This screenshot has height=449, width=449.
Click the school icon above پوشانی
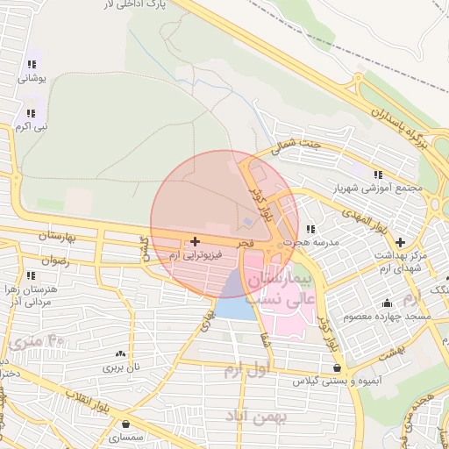tap(32, 64)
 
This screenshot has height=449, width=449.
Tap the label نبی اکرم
tap(30, 126)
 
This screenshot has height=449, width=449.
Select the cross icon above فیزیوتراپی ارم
tap(194, 240)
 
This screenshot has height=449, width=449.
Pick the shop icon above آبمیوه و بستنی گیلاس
tap(338, 367)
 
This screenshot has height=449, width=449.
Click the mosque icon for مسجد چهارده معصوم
tap(386, 303)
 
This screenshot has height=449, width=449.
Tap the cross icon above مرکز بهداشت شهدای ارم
tap(400, 241)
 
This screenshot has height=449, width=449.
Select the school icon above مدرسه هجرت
tap(310, 230)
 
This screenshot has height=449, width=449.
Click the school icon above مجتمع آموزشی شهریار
tap(378, 174)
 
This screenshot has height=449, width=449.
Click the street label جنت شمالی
tap(296, 146)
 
